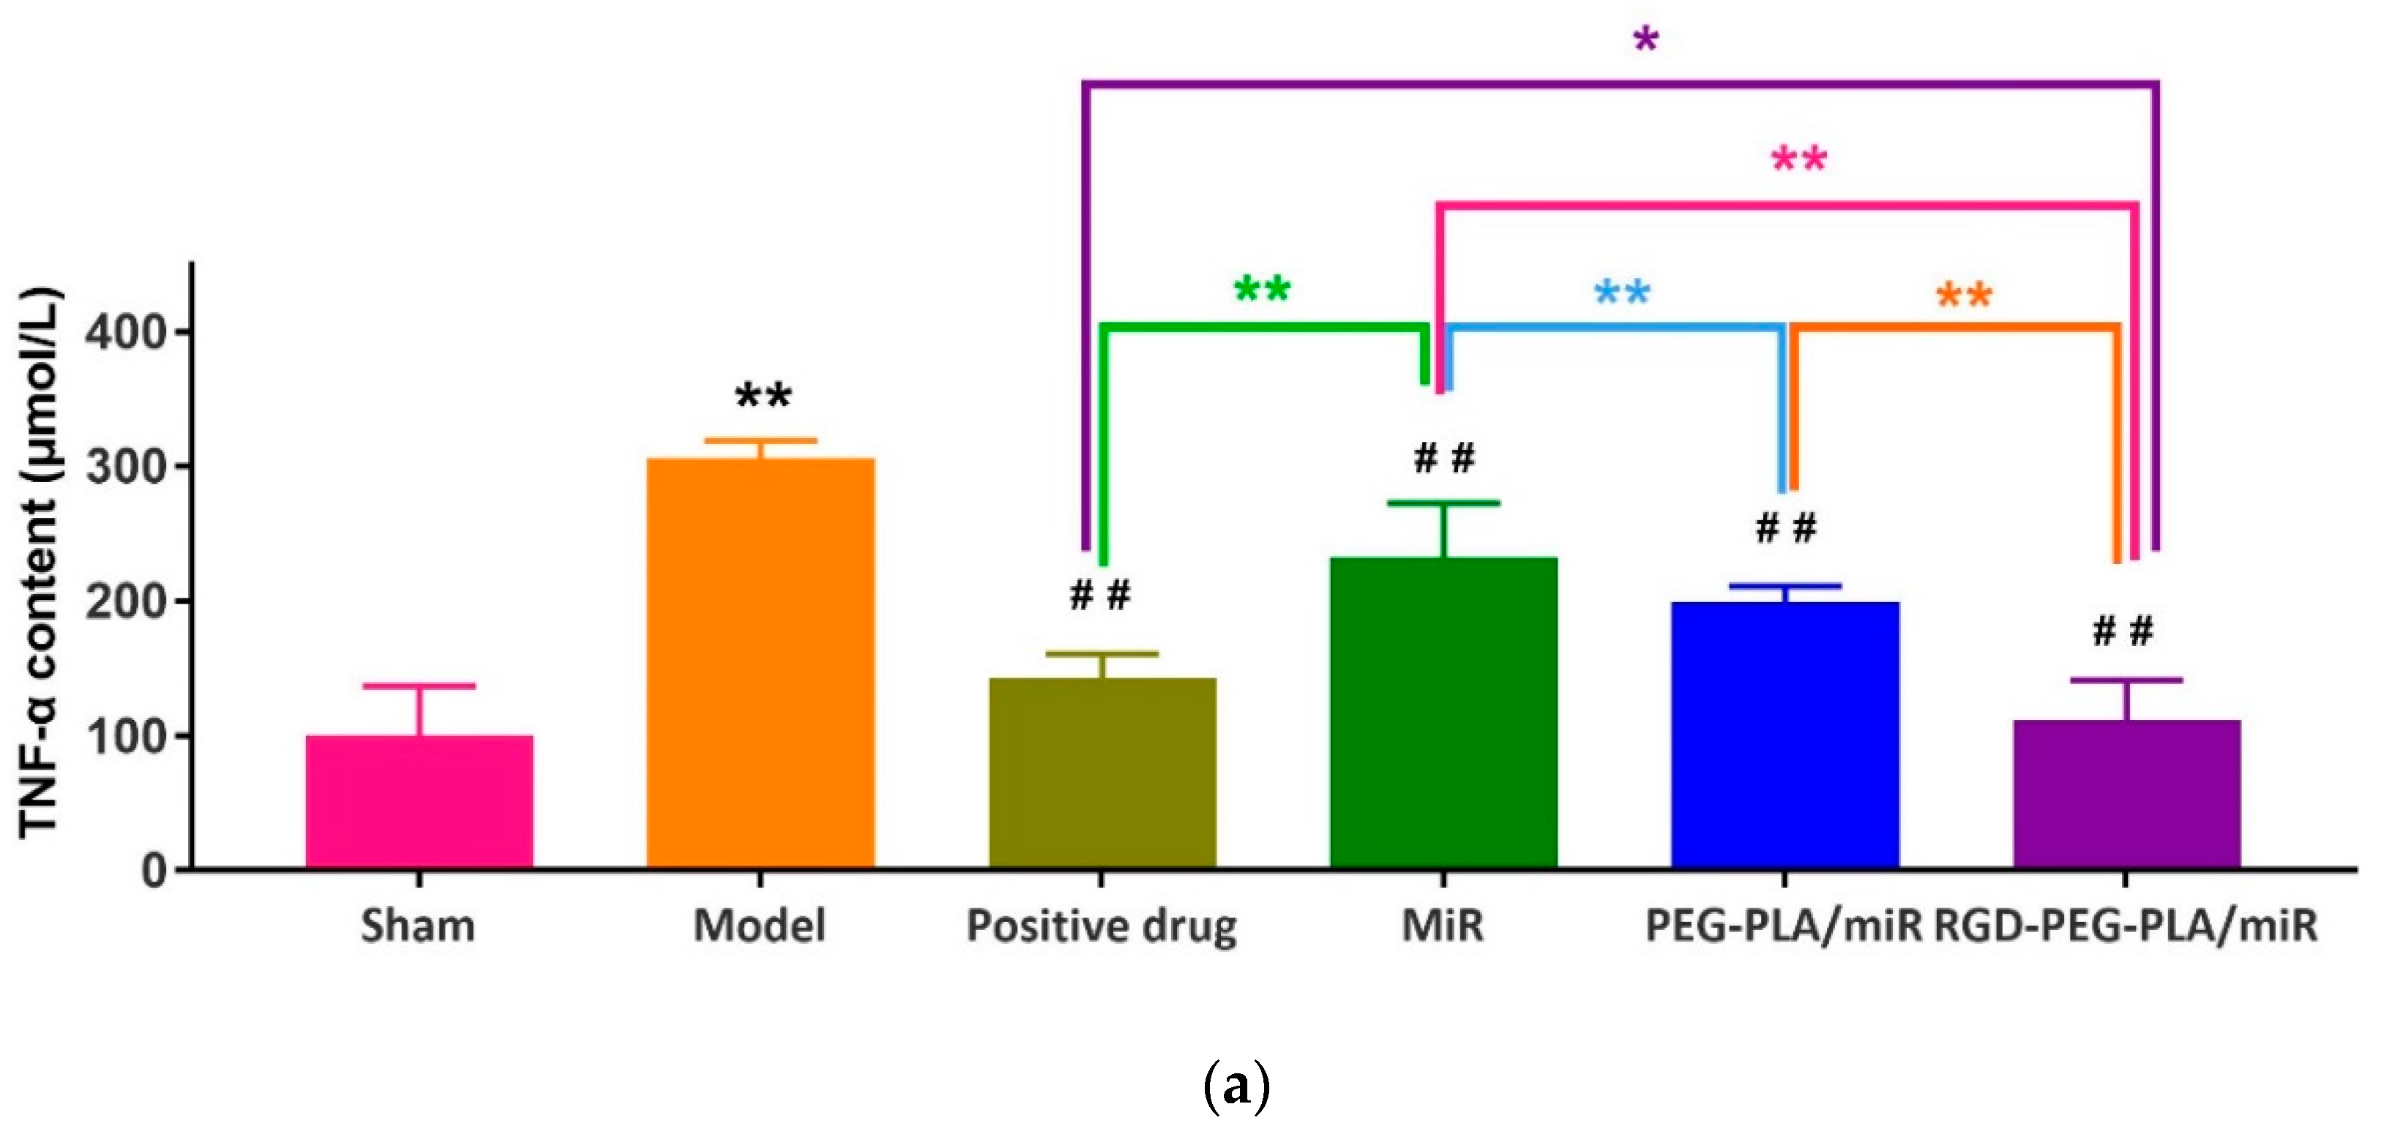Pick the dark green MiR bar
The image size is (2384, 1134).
coord(1443,713)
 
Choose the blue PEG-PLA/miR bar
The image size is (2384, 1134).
coord(1785,735)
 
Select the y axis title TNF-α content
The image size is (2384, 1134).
coord(41,564)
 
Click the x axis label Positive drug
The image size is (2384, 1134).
coord(1102,926)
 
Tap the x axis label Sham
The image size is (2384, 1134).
coord(418,926)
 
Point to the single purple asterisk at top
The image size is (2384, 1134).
coord(1645,40)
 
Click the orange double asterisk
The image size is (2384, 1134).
coord(1964,297)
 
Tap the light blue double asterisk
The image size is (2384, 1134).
coord(1621,294)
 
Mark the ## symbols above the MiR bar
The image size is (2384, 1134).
coord(1443,458)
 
